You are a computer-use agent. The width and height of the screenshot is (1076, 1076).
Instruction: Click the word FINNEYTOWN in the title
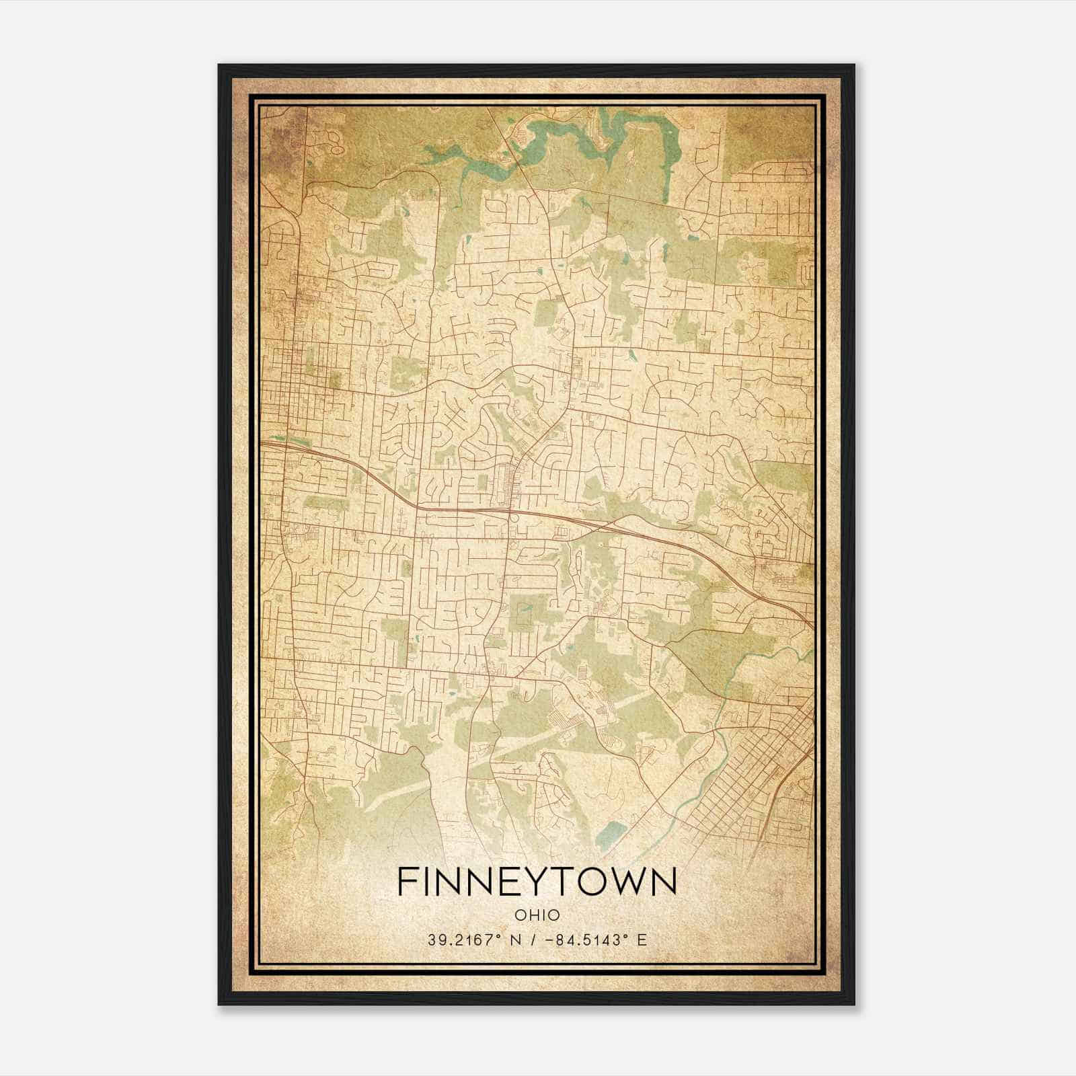(537, 882)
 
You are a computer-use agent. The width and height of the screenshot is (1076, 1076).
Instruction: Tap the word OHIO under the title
(537, 915)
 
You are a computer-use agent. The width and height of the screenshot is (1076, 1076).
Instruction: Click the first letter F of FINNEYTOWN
(408, 882)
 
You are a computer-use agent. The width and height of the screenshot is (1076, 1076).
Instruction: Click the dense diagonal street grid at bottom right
(753, 794)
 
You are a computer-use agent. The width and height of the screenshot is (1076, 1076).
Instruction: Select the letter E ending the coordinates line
(642, 939)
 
